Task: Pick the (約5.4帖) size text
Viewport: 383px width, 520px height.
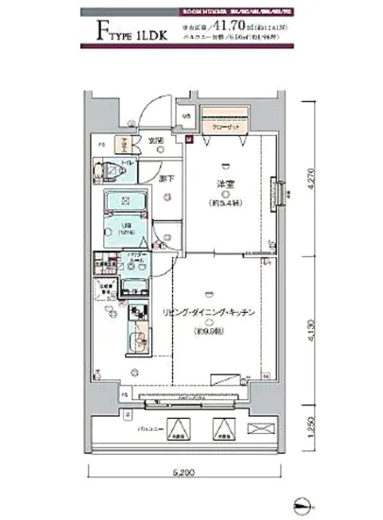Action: pyautogui.click(x=224, y=202)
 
